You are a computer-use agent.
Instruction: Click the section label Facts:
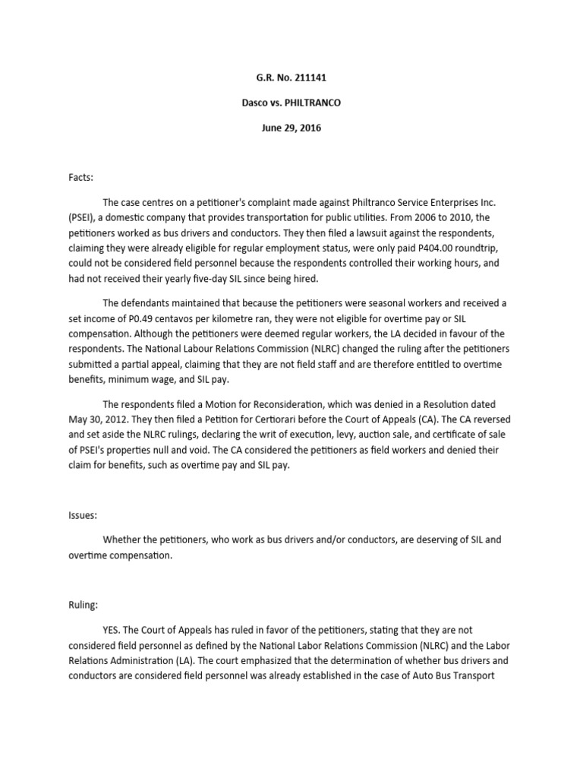click(80, 177)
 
